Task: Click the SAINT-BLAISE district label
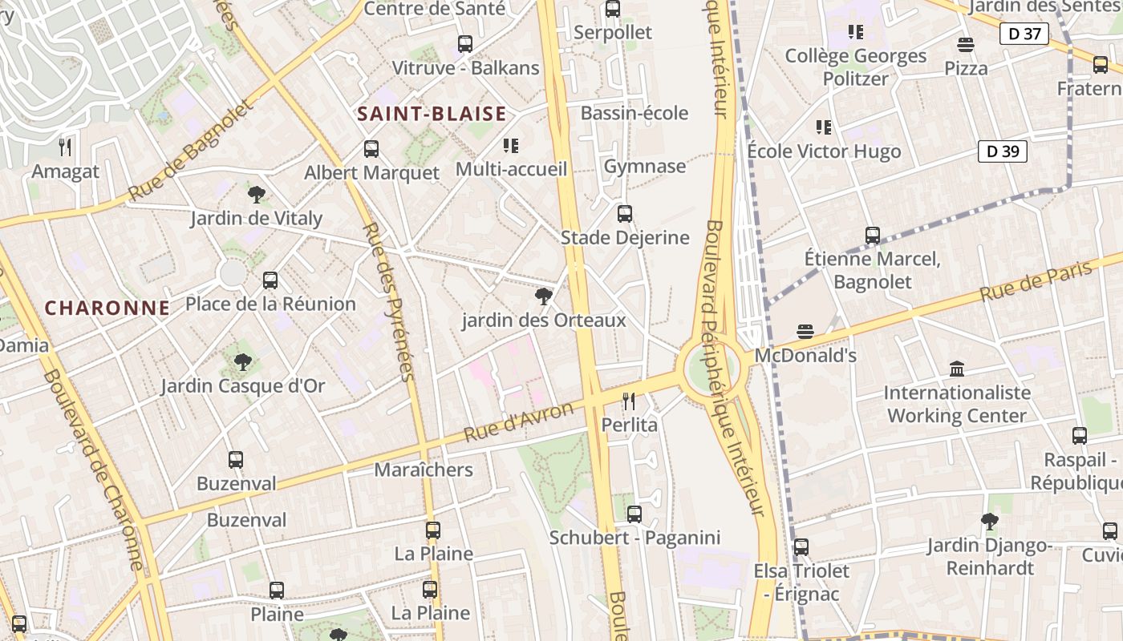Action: (432, 114)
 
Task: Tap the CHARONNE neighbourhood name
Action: (107, 308)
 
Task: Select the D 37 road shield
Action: (1024, 34)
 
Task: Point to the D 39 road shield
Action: (1002, 151)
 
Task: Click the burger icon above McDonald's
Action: (805, 332)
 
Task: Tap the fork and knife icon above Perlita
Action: (629, 401)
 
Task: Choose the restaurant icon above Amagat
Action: (65, 147)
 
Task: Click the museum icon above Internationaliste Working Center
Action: (956, 369)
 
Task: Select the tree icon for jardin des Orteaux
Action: (543, 297)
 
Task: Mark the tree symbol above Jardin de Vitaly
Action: (257, 195)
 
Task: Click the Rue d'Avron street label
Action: (519, 422)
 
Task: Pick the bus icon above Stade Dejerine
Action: (624, 214)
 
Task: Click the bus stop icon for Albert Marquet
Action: (371, 149)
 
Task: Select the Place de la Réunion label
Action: (270, 304)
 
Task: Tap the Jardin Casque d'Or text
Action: (242, 386)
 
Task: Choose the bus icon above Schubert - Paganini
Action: (634, 514)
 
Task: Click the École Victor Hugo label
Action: (824, 151)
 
